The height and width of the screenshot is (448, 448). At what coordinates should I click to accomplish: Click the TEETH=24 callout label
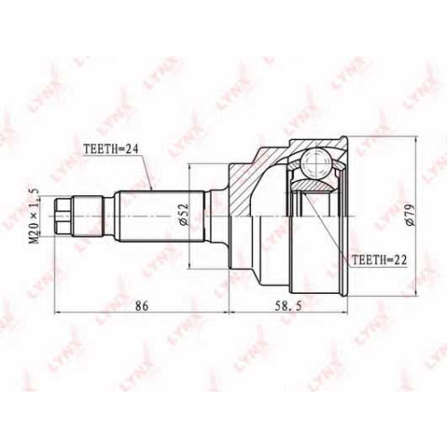coord(111,150)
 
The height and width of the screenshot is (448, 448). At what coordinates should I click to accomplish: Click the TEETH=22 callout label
coord(379,260)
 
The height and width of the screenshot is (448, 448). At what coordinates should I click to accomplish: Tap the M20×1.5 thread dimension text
coord(35,216)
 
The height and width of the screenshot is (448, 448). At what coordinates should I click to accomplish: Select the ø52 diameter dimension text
coord(184,214)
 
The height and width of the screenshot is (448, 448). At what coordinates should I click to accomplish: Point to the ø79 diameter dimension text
coord(409,215)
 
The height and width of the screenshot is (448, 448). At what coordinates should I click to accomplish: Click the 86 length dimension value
coord(142,306)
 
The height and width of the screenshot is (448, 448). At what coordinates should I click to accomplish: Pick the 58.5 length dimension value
coord(289,306)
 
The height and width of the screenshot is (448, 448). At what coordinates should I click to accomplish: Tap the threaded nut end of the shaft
coord(64,216)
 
